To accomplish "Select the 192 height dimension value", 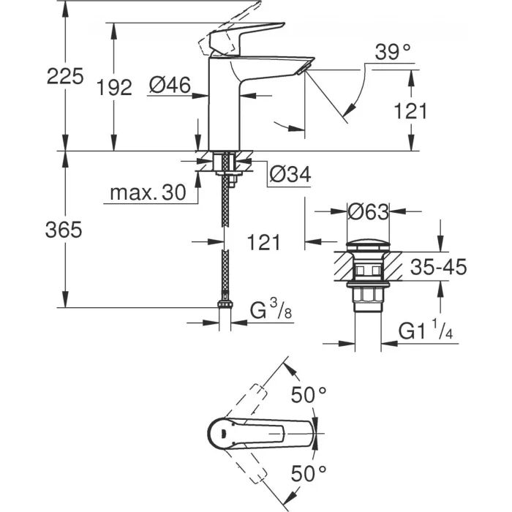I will (114, 87).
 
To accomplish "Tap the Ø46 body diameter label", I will (169, 86).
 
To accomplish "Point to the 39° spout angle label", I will (393, 52).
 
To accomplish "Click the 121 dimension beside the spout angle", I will (410, 110).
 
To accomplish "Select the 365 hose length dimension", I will (64, 230).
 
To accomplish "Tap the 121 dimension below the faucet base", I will (260, 241).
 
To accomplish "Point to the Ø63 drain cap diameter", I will (367, 212).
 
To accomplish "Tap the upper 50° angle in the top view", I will (309, 395).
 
